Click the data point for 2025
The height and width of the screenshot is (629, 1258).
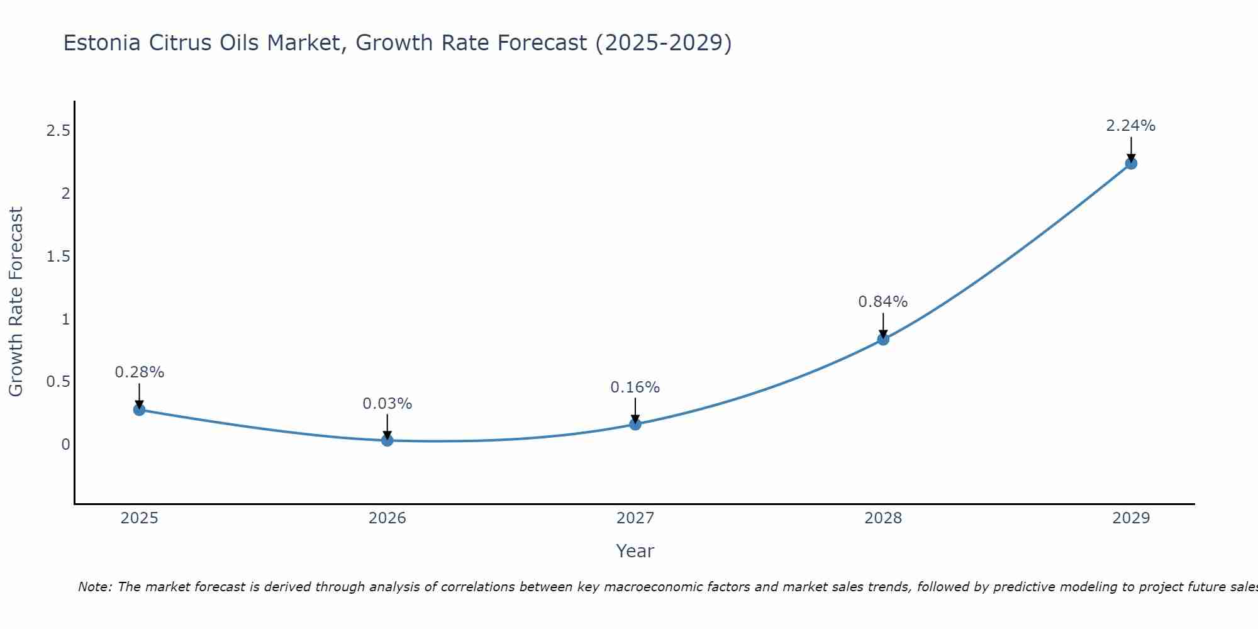tap(139, 409)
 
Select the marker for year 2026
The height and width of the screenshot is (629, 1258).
tap(387, 440)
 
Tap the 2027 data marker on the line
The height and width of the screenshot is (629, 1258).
tap(635, 424)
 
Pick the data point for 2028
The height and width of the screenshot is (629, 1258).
tap(882, 339)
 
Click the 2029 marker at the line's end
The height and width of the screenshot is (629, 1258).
tap(1130, 164)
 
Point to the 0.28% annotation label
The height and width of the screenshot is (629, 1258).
tap(139, 372)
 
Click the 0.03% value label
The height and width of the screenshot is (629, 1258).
tap(387, 404)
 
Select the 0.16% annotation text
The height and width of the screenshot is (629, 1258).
tap(635, 387)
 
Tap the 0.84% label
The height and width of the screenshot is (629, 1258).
tap(882, 302)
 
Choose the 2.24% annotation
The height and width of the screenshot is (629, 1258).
tap(1130, 126)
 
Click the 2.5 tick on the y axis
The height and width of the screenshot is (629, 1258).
tap(58, 131)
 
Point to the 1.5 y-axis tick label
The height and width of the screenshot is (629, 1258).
tap(58, 257)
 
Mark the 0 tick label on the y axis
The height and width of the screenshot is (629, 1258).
tap(65, 445)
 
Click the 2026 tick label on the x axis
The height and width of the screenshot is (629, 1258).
tap(387, 518)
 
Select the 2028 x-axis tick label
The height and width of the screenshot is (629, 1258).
tap(882, 518)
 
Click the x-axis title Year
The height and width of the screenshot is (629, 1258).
tap(635, 551)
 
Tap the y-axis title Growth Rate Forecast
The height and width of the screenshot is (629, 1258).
tap(16, 301)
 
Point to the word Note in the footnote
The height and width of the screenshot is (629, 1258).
tap(94, 587)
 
